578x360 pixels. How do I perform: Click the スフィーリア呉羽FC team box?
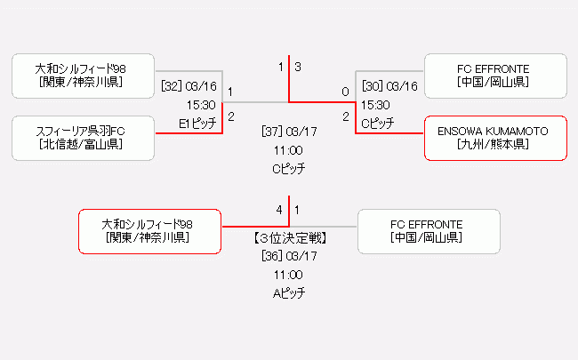tap(84, 138)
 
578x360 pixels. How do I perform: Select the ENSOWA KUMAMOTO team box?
tap(495, 138)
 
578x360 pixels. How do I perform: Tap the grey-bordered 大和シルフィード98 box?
tap(84, 76)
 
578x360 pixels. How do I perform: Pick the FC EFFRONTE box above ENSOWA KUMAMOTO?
tap(495, 76)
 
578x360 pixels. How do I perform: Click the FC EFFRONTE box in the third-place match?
tap(428, 231)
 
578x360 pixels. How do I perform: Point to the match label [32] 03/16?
tap(189, 86)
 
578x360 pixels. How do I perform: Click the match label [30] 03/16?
tap(389, 86)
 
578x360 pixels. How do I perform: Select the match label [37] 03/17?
tap(289, 131)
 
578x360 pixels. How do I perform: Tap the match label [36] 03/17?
tap(289, 257)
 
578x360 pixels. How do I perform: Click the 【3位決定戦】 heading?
tap(289, 238)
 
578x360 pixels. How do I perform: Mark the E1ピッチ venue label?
tap(197, 124)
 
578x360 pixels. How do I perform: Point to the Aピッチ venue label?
tap(289, 293)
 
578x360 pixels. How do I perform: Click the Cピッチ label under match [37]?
tap(289, 168)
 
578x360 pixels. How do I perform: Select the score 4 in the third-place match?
tap(279, 210)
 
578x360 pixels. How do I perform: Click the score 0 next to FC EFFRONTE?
tap(345, 92)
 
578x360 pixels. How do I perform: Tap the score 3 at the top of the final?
tap(298, 67)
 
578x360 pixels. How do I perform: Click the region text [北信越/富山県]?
tap(84, 144)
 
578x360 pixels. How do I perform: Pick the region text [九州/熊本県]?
tap(495, 144)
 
